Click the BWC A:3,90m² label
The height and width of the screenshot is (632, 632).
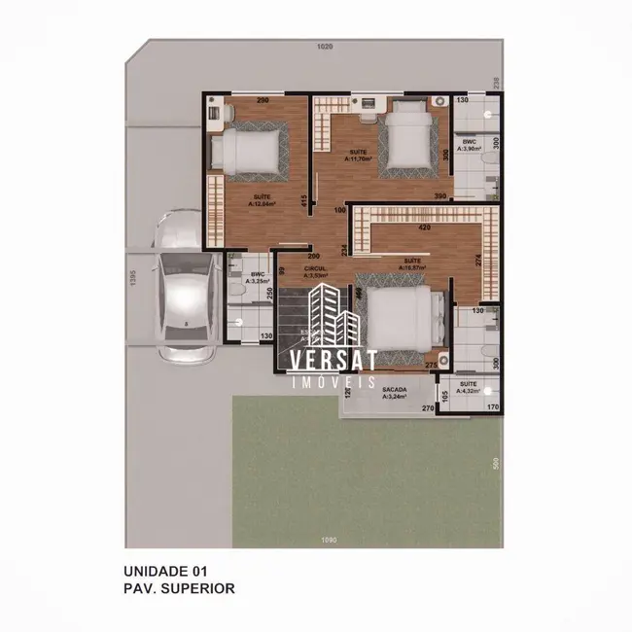tap(471, 145)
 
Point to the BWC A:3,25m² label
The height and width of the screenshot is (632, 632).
tap(258, 278)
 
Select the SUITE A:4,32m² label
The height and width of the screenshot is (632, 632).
tap(469, 387)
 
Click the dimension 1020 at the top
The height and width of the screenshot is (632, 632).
tap(324, 47)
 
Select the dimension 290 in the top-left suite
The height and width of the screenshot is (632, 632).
tap(263, 100)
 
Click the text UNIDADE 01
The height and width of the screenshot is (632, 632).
tap(164, 571)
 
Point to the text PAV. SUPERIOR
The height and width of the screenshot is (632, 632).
tap(179, 588)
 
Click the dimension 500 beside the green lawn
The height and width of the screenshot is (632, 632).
tap(496, 464)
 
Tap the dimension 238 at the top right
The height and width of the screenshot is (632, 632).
tap(496, 83)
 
